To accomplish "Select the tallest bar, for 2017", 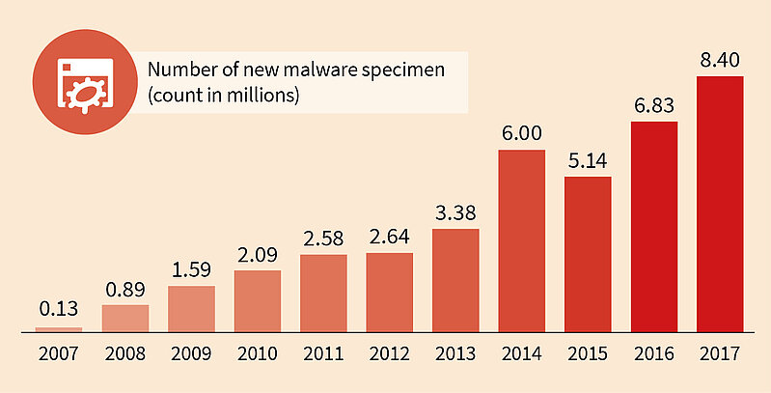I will tap(720, 203).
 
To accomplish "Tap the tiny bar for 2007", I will tap(59, 329).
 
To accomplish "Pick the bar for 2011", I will tap(323, 293).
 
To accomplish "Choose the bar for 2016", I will tap(654, 226).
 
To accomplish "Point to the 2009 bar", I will tap(191, 308).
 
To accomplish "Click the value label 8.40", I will tap(720, 61).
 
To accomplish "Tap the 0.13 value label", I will tap(59, 311).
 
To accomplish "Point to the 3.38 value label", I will tap(455, 212).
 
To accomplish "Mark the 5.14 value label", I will tap(588, 160).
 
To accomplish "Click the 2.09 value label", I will tap(258, 255).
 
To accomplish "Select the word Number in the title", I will tap(176, 70).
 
